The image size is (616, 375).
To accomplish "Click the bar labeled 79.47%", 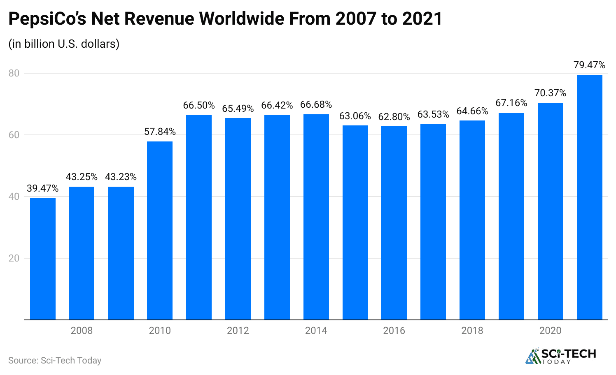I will (589, 197).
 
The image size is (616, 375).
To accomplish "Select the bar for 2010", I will (160, 230).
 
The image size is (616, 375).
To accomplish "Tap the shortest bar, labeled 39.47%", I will (43, 259).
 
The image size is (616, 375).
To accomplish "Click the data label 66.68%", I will (316, 105).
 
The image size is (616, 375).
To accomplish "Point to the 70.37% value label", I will (550, 93).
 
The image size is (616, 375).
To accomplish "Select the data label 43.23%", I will (121, 177).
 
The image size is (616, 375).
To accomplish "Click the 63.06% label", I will (355, 116).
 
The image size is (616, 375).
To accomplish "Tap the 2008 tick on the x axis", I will (82, 331).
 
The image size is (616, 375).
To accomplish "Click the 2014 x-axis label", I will (316, 331).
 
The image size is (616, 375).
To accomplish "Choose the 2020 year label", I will (550, 331).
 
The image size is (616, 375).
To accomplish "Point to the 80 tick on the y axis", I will (14, 73).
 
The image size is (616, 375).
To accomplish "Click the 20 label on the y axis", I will (14, 258).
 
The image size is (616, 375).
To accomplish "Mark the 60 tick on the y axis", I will (14, 135).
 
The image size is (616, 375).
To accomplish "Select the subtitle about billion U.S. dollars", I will (64, 44).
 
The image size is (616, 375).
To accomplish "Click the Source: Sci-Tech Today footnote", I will (55, 361).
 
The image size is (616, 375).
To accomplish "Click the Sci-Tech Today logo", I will (560, 356).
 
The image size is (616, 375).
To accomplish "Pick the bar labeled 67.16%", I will (511, 216).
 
